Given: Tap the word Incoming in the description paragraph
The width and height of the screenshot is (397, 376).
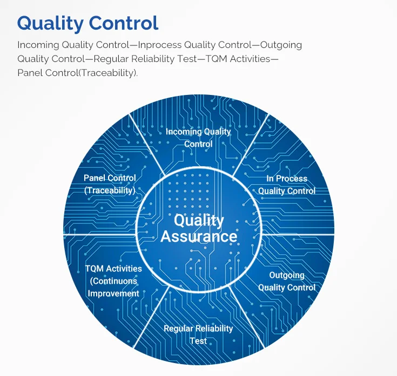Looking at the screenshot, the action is coord(36,45).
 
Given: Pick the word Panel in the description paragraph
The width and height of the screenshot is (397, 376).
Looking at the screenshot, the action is coord(29,72).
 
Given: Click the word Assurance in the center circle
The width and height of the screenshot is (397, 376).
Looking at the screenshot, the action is coord(199,236).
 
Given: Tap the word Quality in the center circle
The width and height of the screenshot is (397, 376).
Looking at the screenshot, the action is coord(199,221).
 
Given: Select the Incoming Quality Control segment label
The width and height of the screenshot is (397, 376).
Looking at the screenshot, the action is coord(198,138).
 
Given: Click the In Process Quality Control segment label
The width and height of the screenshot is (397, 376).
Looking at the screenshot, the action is coord(287,184).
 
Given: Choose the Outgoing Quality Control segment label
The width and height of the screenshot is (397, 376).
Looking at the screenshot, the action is coord(287,281).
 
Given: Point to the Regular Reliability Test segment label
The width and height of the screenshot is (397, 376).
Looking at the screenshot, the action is coord(198,334).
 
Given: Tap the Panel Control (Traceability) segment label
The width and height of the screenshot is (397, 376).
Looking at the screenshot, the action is coord(110,184).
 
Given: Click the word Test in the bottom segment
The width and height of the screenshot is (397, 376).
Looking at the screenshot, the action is coord(198,341).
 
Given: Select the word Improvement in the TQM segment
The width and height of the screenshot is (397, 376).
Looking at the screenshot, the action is coord(113,293).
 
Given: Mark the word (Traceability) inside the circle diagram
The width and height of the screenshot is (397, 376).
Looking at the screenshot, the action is coord(110,190).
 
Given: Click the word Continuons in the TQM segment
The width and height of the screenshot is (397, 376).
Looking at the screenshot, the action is coord(113,281).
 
